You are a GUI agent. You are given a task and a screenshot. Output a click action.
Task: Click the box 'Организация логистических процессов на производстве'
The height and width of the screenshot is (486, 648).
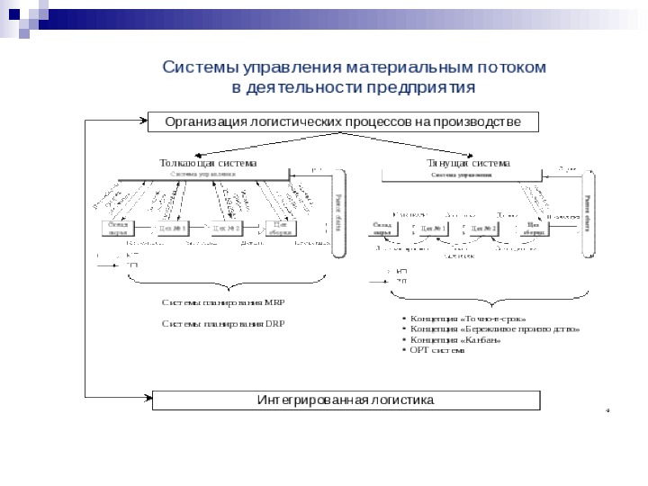pos(343,121)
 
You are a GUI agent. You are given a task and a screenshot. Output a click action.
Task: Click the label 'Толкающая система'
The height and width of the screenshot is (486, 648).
pos(208,164)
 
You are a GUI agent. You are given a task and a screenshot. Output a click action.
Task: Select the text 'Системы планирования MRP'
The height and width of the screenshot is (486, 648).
pos(223,302)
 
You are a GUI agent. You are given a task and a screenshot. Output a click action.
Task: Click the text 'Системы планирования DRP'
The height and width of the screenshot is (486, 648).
pos(223,323)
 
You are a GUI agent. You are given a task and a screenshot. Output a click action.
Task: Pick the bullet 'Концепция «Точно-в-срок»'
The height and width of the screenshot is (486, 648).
pos(468,319)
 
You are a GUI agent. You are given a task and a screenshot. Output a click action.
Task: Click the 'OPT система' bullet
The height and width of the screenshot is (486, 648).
pos(437,350)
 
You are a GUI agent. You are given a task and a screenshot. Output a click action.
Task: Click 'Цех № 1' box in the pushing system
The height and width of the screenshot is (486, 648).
pos(172,229)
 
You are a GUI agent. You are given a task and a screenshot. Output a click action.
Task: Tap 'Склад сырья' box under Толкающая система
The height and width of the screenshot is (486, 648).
pos(118,229)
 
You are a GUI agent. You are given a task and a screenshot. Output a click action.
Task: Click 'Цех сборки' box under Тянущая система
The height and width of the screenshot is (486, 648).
pos(532,229)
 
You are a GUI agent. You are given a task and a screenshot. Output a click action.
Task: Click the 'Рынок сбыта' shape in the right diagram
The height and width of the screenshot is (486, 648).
pos(586,211)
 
